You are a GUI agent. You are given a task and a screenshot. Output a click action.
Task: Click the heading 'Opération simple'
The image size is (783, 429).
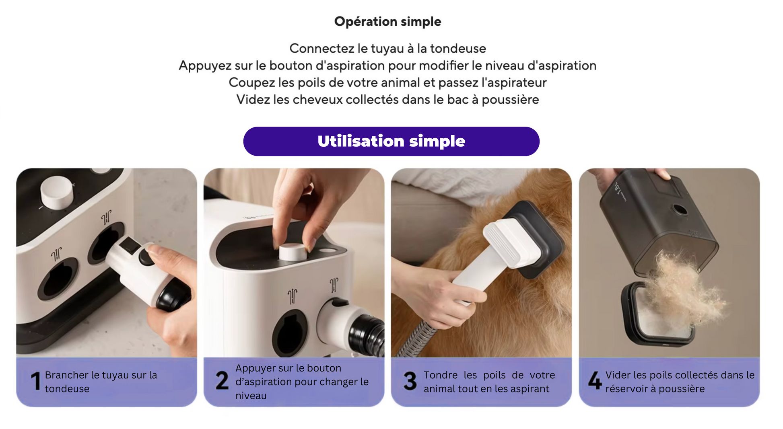[387, 21]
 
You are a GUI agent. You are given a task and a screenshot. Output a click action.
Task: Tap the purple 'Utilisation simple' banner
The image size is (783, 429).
[391, 141]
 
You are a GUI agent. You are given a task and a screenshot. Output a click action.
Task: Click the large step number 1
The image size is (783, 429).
[36, 381]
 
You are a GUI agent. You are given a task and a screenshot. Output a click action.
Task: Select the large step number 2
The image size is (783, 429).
[222, 381]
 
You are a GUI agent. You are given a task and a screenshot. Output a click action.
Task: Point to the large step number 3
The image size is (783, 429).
[410, 381]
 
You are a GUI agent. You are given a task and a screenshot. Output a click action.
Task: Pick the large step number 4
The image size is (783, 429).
[595, 381]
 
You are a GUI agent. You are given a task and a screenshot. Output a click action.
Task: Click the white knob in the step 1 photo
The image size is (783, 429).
[57, 192]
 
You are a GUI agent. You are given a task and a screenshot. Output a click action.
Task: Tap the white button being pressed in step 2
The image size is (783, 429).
[293, 252]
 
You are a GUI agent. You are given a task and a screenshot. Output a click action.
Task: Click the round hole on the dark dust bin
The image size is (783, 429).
[680, 209]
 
